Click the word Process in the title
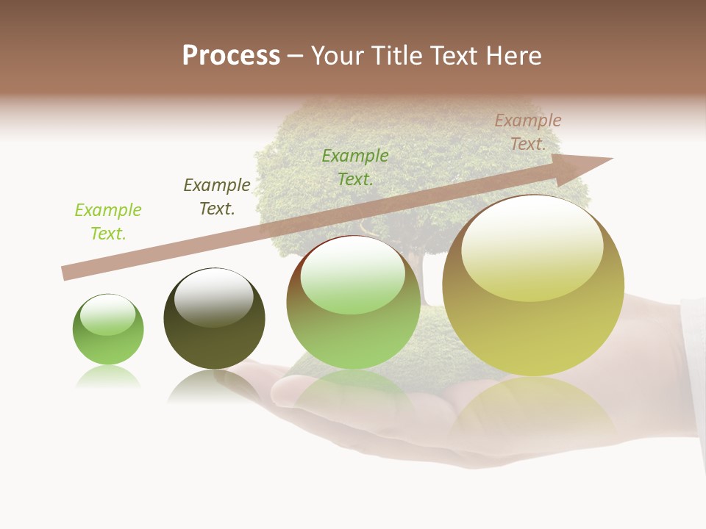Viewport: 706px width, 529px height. pyautogui.click(x=231, y=56)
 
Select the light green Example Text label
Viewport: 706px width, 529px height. pyautogui.click(x=108, y=222)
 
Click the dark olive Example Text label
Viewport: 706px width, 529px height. pyautogui.click(x=217, y=197)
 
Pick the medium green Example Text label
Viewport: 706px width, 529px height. pyautogui.click(x=355, y=168)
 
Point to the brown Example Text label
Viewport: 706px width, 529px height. pyautogui.click(x=528, y=132)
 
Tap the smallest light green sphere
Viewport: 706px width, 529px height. pyautogui.click(x=108, y=334)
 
